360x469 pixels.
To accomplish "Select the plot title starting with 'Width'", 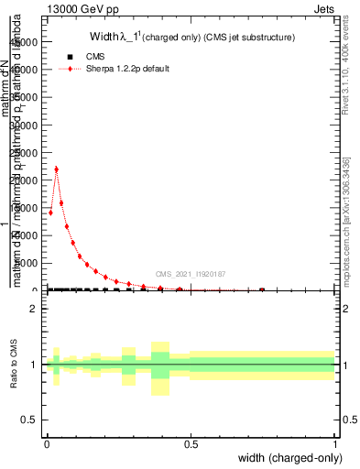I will [x=191, y=38].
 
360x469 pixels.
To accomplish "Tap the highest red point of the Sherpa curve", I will [x=57, y=169].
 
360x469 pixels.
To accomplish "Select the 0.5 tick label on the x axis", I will [x=191, y=442].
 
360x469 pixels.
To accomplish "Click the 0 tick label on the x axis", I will [x=47, y=442].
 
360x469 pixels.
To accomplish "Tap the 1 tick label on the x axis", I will [x=335, y=442].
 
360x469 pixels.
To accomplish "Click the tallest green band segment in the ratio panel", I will [x=160, y=365].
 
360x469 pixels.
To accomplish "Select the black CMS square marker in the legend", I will [x=70, y=57].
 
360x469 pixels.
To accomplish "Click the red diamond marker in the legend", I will [x=70, y=69].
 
